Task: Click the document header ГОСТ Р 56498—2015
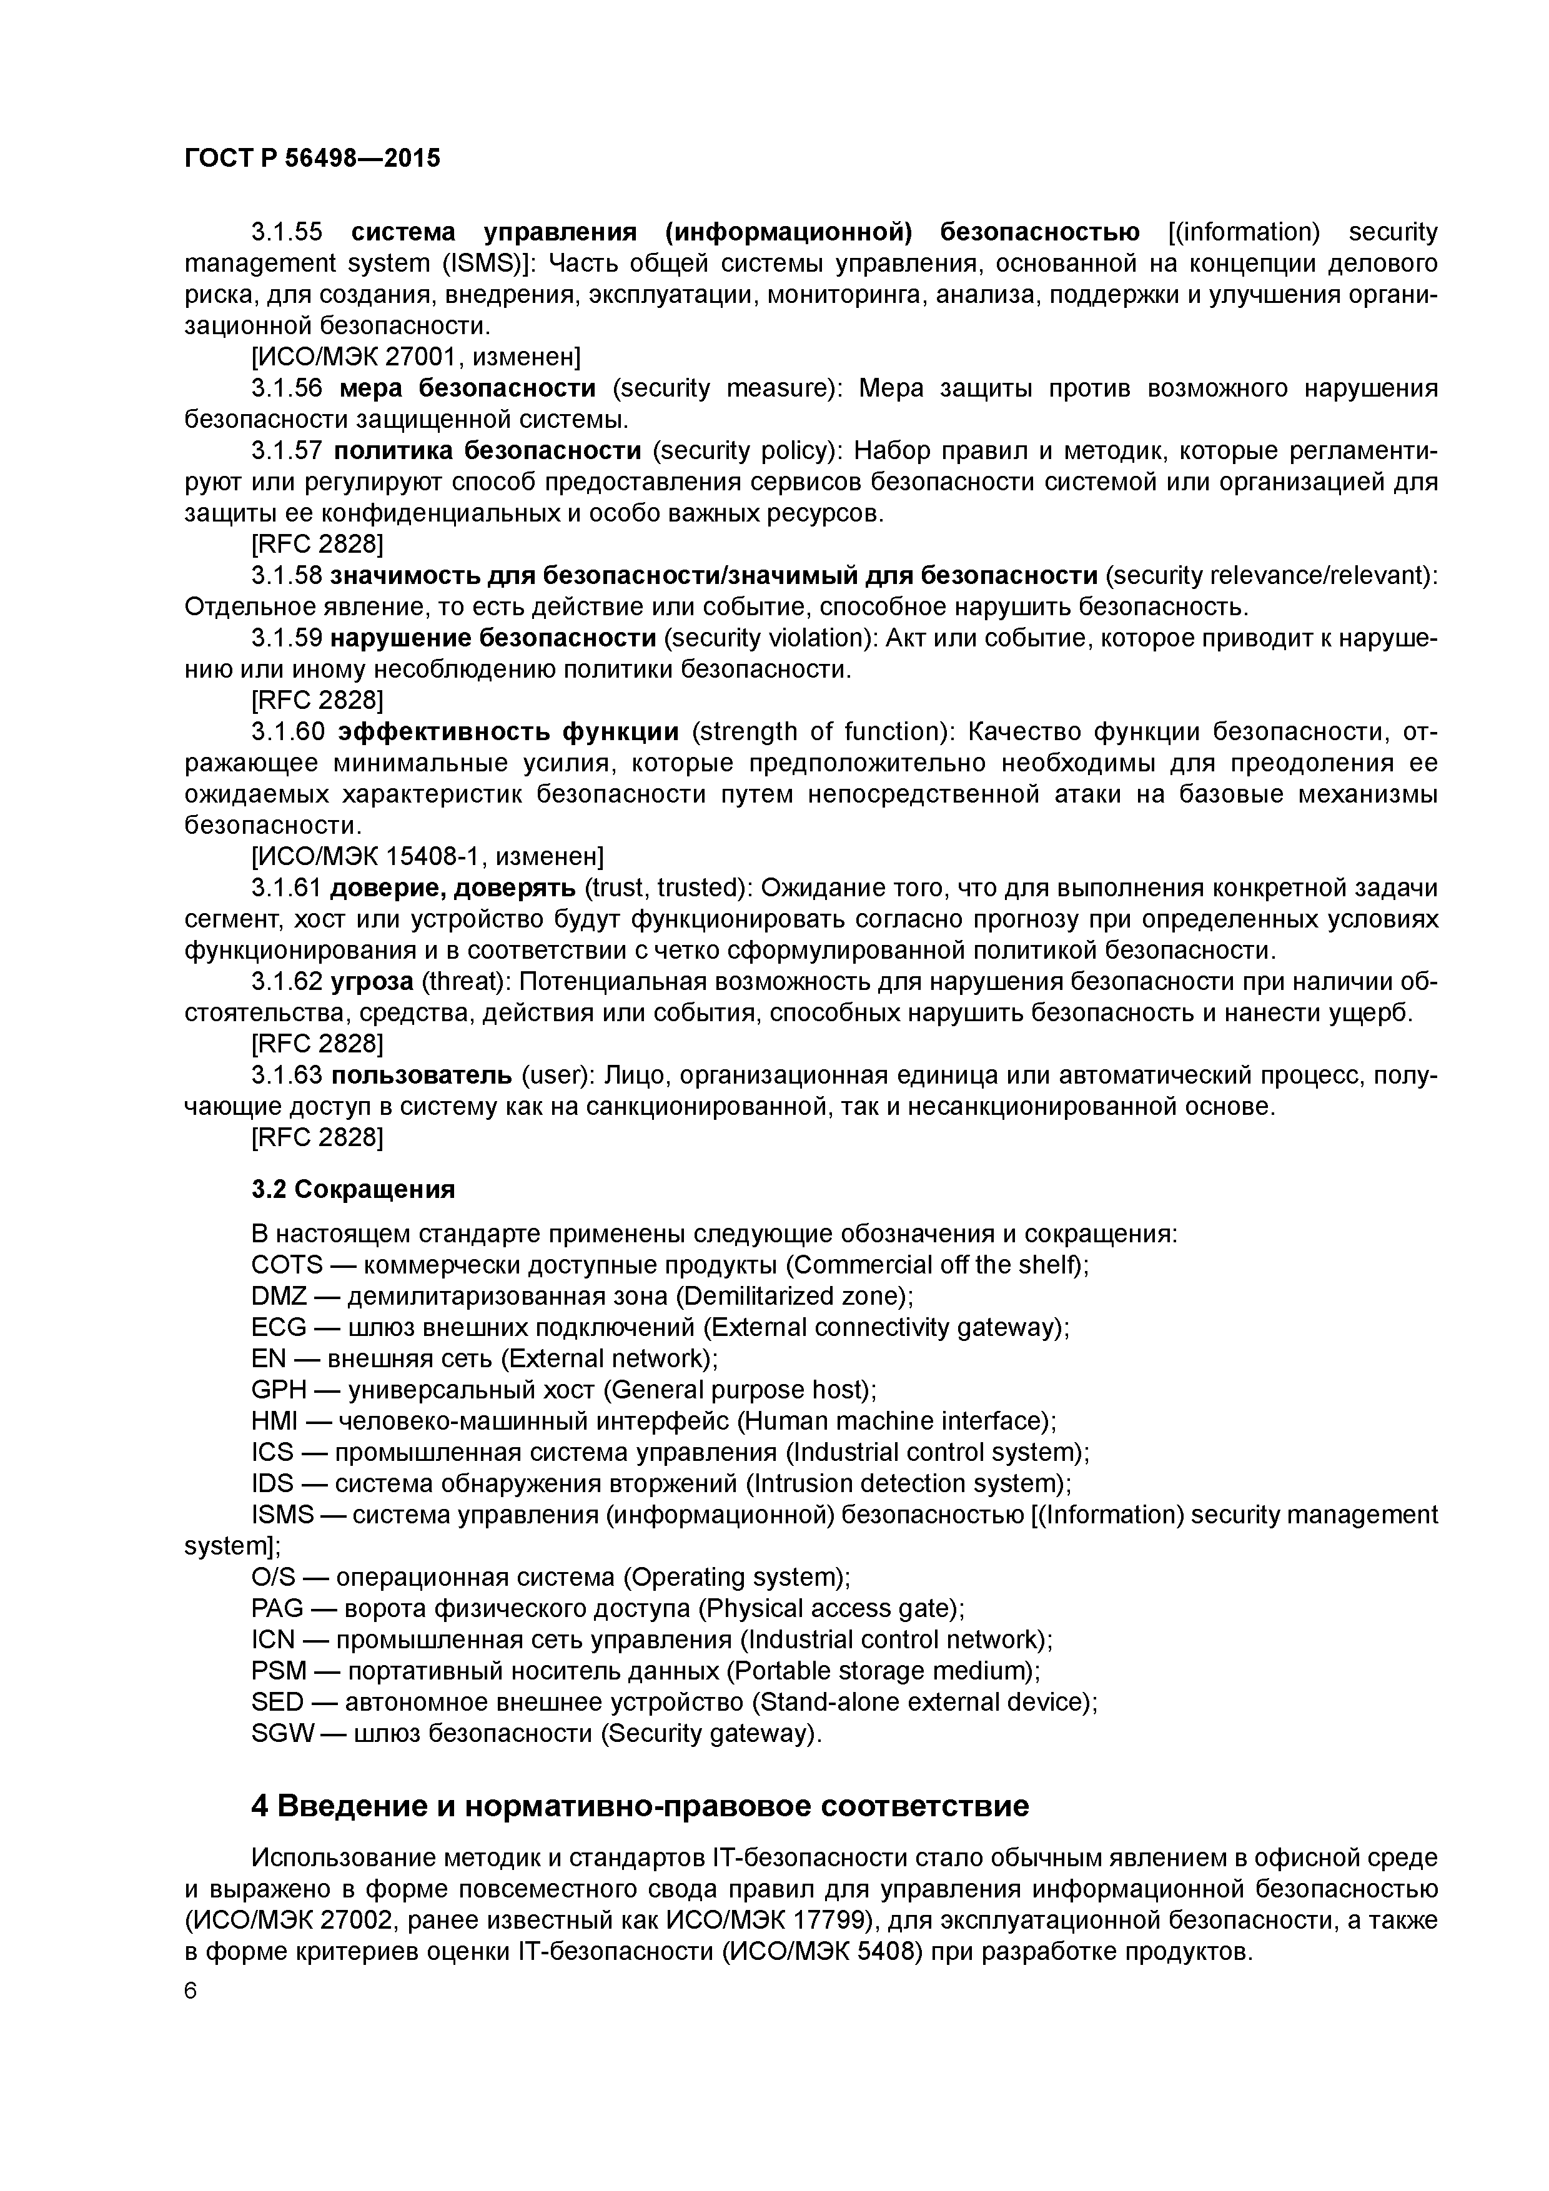coord(312,159)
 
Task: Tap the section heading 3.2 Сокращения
coord(353,1189)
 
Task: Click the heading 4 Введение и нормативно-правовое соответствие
coord(640,1806)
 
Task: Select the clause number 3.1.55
coord(286,232)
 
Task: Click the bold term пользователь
coord(422,1076)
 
